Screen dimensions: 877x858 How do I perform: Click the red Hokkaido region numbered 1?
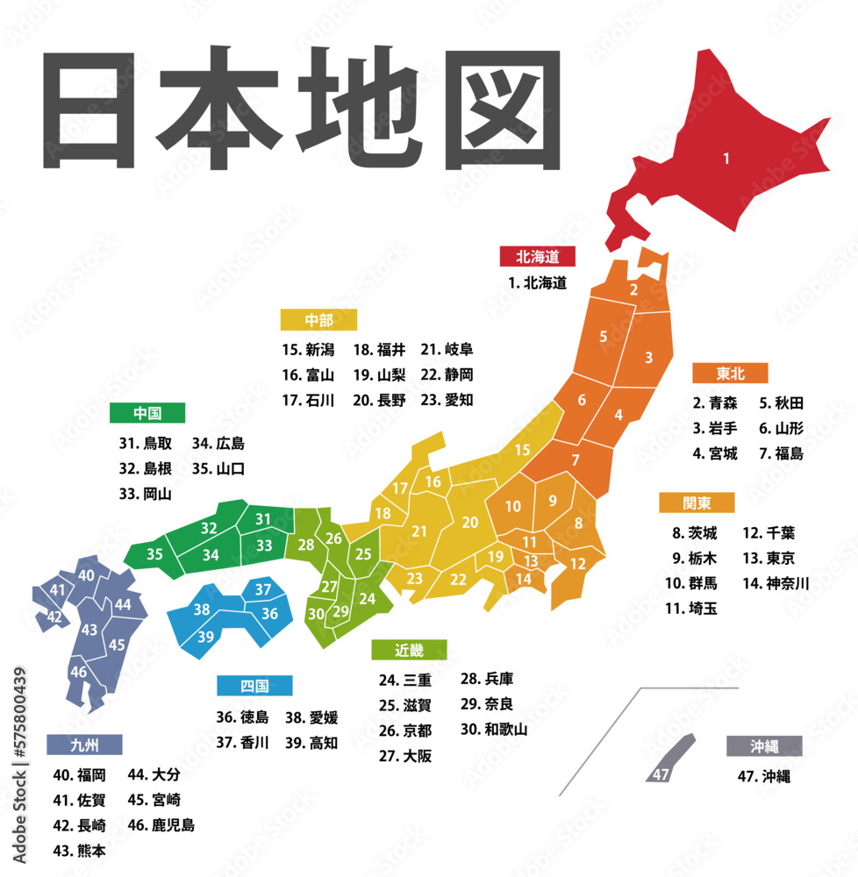[726, 159]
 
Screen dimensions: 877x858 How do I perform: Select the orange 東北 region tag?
[729, 374]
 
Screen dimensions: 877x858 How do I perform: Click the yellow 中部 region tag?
[318, 319]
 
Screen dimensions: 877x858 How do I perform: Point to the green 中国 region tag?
[147, 413]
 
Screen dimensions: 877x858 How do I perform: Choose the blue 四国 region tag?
[254, 685]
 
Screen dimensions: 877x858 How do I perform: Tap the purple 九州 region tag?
[84, 745]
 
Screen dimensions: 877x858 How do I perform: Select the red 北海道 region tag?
[537, 256]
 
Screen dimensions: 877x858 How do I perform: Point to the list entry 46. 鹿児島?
[161, 825]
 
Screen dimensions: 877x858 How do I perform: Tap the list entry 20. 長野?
[379, 400]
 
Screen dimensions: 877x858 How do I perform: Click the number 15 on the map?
[522, 450]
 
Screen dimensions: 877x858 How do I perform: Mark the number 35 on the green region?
[154, 554]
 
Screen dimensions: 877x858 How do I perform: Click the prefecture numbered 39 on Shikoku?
[205, 636]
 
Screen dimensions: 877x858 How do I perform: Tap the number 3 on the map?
[648, 357]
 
